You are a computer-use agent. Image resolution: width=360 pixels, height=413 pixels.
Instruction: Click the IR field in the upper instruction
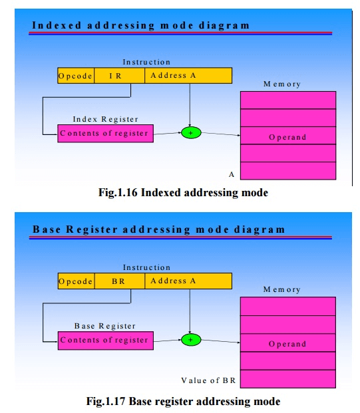119,76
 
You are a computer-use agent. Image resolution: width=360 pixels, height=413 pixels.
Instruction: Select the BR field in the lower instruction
120,281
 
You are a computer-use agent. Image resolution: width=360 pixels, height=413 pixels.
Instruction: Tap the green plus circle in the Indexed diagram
191,133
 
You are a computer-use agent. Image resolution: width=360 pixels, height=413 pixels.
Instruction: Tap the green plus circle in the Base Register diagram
191,340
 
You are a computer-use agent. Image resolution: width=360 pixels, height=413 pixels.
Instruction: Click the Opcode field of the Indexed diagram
76,76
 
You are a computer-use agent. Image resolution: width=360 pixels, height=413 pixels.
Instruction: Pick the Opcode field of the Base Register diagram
76,281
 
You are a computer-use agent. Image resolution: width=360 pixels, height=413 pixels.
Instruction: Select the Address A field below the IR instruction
188,76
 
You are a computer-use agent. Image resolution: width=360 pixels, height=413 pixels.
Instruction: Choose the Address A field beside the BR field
188,281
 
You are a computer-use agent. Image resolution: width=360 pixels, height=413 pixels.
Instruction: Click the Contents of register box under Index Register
105,134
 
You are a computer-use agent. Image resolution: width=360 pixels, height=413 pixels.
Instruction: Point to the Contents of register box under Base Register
106,341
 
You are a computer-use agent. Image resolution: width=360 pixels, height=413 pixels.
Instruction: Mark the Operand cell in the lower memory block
287,343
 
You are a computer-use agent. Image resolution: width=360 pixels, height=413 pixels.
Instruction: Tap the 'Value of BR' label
208,380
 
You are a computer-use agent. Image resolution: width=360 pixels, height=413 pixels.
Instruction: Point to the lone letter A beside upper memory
232,174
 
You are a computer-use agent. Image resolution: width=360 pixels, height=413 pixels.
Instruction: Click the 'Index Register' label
105,119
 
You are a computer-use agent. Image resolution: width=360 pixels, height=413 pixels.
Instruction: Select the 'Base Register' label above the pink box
105,326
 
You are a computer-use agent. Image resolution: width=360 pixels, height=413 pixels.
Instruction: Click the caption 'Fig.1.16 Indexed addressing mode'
183,193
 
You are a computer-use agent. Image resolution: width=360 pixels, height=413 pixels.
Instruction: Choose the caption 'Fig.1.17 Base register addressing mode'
183,402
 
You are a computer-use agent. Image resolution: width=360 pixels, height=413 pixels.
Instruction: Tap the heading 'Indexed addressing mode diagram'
140,25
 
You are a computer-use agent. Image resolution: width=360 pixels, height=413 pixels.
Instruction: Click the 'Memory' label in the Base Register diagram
281,289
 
